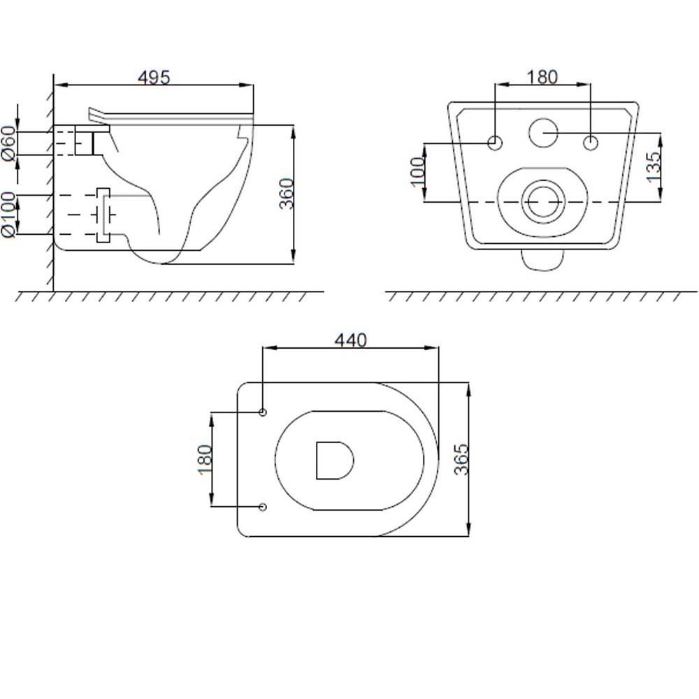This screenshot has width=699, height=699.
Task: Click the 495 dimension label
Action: [x=154, y=78]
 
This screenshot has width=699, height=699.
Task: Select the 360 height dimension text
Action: [x=287, y=194]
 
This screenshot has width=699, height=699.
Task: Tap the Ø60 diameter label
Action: [x=8, y=143]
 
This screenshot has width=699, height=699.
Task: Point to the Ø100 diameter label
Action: [x=8, y=215]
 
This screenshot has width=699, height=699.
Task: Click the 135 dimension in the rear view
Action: [x=653, y=167]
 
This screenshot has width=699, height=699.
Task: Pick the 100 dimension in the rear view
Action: [x=417, y=172]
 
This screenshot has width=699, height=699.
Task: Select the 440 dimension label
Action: [x=351, y=340]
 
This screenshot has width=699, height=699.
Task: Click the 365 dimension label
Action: [x=461, y=459]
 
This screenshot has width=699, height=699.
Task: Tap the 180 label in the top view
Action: [x=205, y=460]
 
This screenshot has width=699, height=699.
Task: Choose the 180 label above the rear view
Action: [x=542, y=77]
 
